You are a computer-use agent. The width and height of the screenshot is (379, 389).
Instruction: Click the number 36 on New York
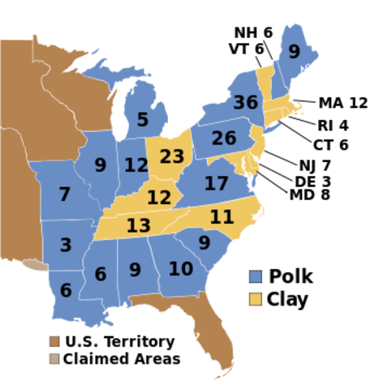(245, 103)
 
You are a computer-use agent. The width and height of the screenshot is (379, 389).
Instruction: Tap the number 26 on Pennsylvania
(223, 139)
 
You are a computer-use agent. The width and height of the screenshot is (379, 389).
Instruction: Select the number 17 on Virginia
(216, 184)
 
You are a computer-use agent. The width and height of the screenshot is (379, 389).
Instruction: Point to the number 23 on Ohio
(172, 156)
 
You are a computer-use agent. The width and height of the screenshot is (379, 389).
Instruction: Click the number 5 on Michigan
(143, 120)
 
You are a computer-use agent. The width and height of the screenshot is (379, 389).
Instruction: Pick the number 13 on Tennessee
(138, 225)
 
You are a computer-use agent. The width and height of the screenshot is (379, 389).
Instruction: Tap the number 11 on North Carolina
(222, 216)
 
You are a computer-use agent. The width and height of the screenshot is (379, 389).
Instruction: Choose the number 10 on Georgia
(181, 268)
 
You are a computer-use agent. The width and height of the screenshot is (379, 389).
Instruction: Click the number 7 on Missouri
(65, 194)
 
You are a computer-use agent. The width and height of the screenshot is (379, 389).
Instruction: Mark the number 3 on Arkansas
(66, 245)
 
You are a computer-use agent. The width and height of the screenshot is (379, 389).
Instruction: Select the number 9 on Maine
(294, 53)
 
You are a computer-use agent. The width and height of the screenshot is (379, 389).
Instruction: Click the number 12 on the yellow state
(159, 197)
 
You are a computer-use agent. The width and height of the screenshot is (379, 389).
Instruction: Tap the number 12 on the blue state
(136, 165)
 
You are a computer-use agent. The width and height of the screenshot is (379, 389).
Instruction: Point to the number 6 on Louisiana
(66, 290)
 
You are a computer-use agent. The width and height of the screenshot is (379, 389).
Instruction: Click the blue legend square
(256, 276)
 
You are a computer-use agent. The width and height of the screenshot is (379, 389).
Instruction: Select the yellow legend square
(256, 299)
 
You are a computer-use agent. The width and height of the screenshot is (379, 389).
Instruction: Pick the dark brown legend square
(54, 341)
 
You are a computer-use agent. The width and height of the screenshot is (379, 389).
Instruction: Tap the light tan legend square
(54, 358)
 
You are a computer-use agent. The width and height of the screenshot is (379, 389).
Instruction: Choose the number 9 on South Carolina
(205, 242)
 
